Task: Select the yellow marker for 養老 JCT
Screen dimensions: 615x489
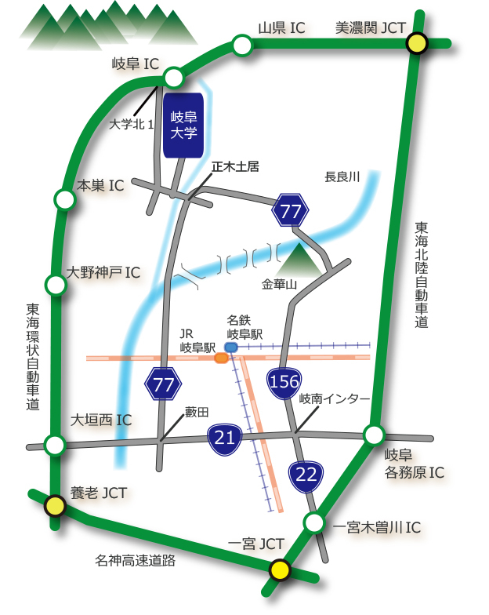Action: [54, 506]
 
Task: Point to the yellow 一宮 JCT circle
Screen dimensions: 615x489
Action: [278, 570]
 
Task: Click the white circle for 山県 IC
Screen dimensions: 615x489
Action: [242, 46]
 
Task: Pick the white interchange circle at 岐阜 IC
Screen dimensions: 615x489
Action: [174, 77]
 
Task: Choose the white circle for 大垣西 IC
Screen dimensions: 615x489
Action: [54, 446]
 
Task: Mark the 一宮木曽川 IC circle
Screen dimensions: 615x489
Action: [314, 522]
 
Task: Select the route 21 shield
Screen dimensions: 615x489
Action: [225, 438]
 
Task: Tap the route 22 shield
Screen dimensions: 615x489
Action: [306, 474]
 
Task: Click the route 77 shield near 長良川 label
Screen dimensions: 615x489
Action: [291, 209]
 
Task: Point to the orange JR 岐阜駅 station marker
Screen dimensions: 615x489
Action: [221, 358]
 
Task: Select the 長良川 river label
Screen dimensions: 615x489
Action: [342, 177]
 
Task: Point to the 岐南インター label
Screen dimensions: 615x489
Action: [335, 399]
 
